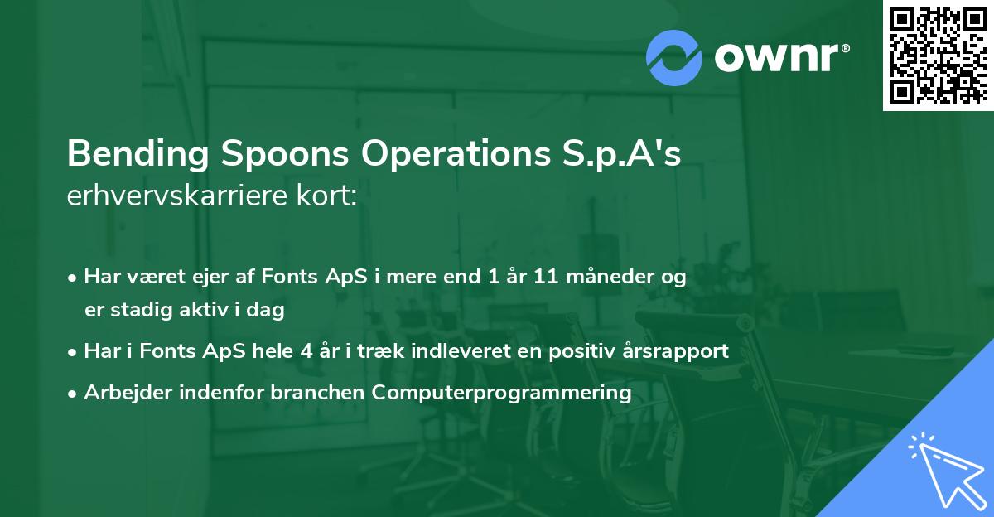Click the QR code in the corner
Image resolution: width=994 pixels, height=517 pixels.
point(939,55)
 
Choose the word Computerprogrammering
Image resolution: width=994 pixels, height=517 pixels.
point(502,393)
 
